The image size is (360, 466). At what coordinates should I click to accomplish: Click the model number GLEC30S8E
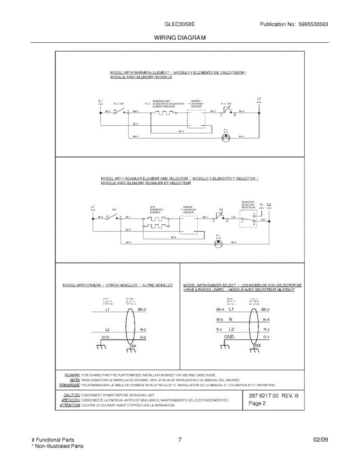pyautogui.click(x=180, y=24)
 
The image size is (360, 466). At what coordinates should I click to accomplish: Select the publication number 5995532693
pyautogui.click(x=313, y=24)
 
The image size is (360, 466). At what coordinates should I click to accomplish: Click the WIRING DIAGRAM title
pyautogui.click(x=179, y=38)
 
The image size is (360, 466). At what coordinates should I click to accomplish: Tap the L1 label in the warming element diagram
pyautogui.click(x=101, y=101)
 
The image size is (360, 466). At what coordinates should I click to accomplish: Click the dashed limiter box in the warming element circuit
pyautogui.click(x=196, y=118)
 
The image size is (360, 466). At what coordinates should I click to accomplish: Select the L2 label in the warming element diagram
pyautogui.click(x=259, y=99)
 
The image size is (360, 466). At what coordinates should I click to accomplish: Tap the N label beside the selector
pyautogui.click(x=261, y=204)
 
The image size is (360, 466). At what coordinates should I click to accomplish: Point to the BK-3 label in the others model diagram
pyautogui.click(x=142, y=310)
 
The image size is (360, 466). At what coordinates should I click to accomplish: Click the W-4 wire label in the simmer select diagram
pyautogui.click(x=266, y=320)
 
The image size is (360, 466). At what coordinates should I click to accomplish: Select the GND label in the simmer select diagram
pyautogui.click(x=229, y=337)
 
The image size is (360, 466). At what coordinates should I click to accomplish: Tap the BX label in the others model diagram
pyautogui.click(x=134, y=346)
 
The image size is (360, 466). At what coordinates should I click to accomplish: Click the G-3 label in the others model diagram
pyautogui.click(x=143, y=337)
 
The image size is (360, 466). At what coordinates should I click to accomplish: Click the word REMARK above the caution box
pyautogui.click(x=72, y=375)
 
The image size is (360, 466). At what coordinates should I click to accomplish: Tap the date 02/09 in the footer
pyautogui.click(x=320, y=440)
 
